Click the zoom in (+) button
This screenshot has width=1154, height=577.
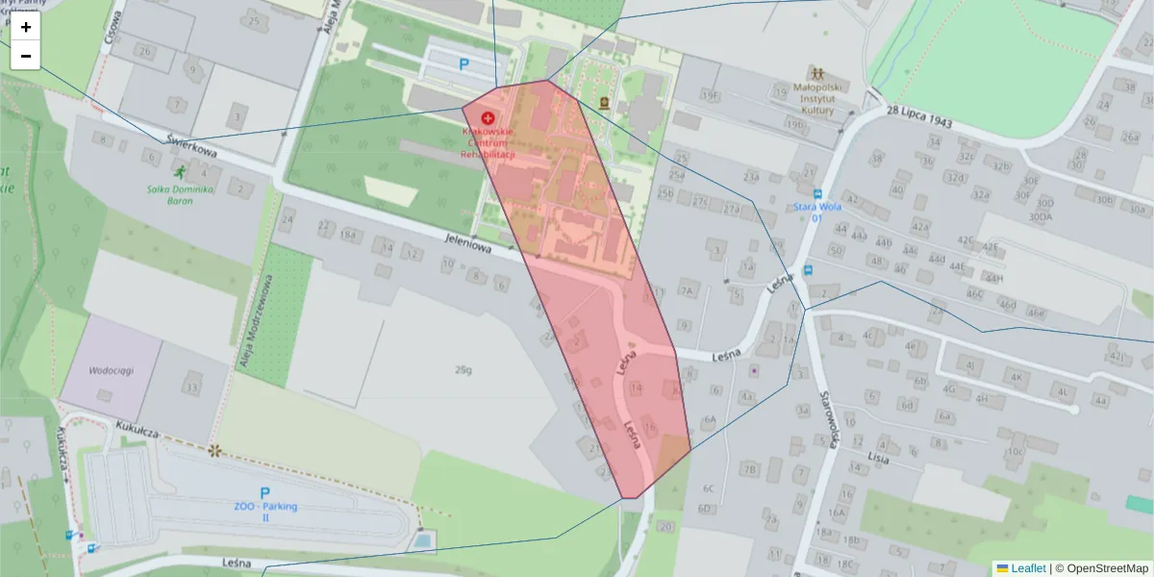coord(26,27)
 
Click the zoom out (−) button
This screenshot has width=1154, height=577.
coord(26,56)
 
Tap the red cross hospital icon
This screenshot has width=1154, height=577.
coord(488,116)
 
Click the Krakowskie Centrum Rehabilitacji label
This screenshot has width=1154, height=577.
coord(488,141)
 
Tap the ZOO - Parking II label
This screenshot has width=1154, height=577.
coord(265,511)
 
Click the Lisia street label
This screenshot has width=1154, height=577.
coord(878,458)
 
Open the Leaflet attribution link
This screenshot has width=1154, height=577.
coord(1028,568)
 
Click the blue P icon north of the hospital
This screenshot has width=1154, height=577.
coord(464,65)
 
